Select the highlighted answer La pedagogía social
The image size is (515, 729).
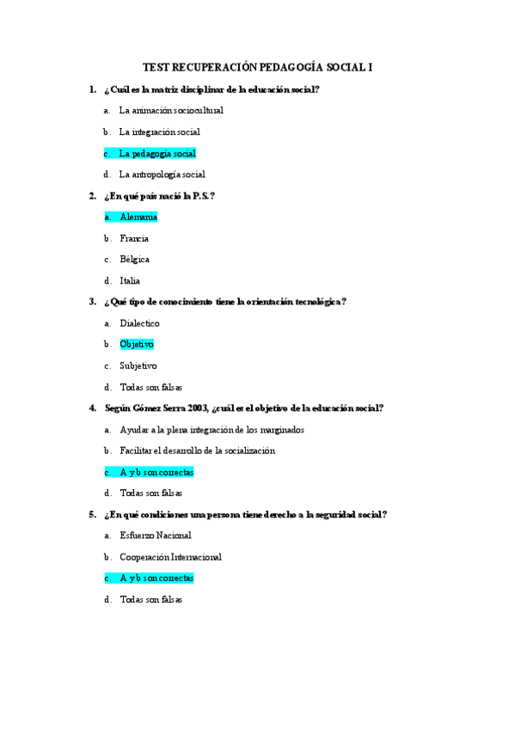pyautogui.click(x=157, y=154)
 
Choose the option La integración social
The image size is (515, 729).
pyautogui.click(x=159, y=132)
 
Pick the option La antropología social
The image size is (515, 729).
pyautogui.click(x=162, y=175)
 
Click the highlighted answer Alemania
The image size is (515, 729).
pyautogui.click(x=138, y=217)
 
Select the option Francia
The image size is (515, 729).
pyautogui.click(x=134, y=238)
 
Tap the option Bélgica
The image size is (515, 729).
pyautogui.click(x=135, y=260)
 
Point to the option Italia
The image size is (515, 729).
pyautogui.click(x=130, y=281)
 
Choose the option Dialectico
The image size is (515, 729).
pyautogui.click(x=139, y=324)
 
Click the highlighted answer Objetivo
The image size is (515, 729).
pyautogui.click(x=137, y=345)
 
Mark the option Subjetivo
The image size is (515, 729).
pyautogui.click(x=138, y=366)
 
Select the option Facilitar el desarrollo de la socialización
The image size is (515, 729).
pyautogui.click(x=198, y=450)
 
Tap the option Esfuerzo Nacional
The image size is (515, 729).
pyautogui.click(x=156, y=536)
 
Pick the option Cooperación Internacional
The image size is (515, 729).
pyautogui.click(x=170, y=557)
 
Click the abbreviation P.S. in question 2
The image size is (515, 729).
pyautogui.click(x=201, y=196)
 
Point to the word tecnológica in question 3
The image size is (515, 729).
pyautogui.click(x=314, y=302)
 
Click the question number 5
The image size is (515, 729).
pyautogui.click(x=92, y=515)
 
